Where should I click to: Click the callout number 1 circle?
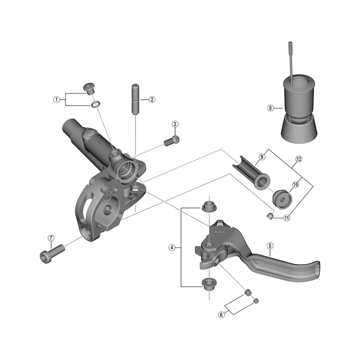tap(57, 99)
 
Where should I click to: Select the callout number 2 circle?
tap(152, 99)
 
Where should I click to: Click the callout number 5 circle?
tap(270, 245)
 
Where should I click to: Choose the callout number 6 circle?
tap(221, 315)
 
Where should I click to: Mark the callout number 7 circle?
tap(51, 238)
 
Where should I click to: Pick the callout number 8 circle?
tap(270, 108)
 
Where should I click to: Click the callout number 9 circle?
tap(261, 157)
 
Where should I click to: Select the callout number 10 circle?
tap(296, 184)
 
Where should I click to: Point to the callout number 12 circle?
tap(298, 159)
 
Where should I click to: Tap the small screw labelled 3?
tap(171, 141)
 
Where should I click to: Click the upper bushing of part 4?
tap(208, 206)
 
